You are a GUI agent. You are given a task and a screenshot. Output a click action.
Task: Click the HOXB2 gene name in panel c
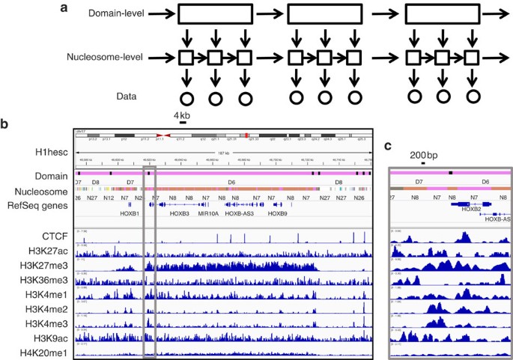[470, 210]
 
